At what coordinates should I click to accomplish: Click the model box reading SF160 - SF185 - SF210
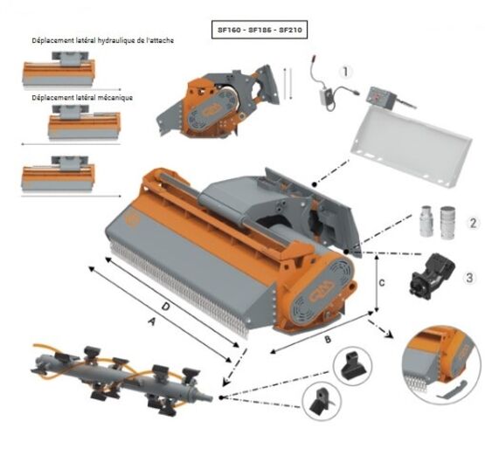[x=260, y=30]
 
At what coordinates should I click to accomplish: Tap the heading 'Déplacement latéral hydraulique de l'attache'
[x=103, y=40]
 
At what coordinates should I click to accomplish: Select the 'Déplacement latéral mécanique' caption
[x=82, y=98]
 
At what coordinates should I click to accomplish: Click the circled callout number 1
[x=345, y=72]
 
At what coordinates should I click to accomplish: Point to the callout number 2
[x=473, y=224]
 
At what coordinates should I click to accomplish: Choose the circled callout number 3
[x=469, y=278]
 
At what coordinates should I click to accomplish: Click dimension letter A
[x=151, y=322]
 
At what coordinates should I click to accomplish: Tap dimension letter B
[x=328, y=340]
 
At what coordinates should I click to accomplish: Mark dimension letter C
[x=382, y=283]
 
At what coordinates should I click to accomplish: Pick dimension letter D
[x=166, y=307]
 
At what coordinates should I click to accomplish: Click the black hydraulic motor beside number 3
[x=432, y=276]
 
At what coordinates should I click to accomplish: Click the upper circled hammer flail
[x=352, y=365]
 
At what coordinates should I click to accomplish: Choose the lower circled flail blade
[x=322, y=401]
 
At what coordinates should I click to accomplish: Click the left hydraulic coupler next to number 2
[x=426, y=221]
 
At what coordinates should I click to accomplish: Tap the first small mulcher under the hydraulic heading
[x=59, y=70]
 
